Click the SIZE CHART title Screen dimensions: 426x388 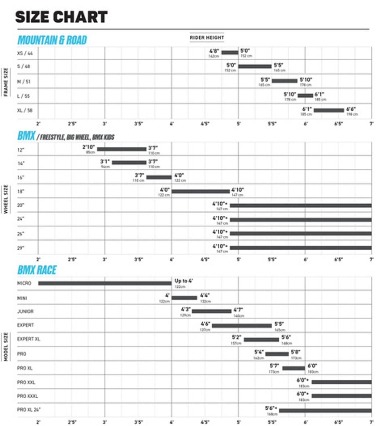(x=61, y=17)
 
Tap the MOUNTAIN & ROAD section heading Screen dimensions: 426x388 (x=52, y=40)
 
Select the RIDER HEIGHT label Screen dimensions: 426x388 (x=207, y=38)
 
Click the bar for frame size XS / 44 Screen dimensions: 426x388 (x=230, y=52)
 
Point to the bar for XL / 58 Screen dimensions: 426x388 (x=329, y=110)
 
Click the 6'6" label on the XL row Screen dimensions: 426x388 (x=351, y=109)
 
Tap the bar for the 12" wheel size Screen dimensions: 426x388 (x=121, y=149)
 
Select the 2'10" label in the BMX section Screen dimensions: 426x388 (x=89, y=147)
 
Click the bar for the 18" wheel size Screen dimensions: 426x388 (x=200, y=191)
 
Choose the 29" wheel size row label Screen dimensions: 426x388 (x=21, y=248)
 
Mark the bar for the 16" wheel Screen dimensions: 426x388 (x=159, y=177)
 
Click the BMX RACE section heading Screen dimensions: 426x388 (x=37, y=270)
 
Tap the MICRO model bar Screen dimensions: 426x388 (x=105, y=283)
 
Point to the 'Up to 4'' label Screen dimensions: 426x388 (x=183, y=281)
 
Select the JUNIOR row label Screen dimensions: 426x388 (x=25, y=312)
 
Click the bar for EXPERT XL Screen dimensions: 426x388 (x=261, y=339)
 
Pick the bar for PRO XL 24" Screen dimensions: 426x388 (x=325, y=410)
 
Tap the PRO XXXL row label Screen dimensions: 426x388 (x=27, y=396)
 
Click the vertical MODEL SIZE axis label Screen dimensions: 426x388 (x=6, y=346)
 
